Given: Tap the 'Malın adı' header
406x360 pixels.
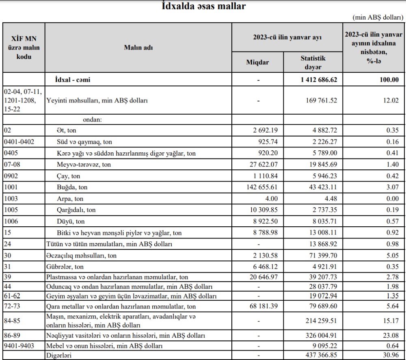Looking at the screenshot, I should tap(138, 47).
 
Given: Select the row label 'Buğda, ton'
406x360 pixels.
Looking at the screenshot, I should tap(72, 187).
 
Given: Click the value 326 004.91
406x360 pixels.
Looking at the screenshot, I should tap(320, 336).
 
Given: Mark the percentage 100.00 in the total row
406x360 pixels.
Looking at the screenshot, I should tap(389, 80).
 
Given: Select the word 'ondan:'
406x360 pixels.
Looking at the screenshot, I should tap(92, 120).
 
